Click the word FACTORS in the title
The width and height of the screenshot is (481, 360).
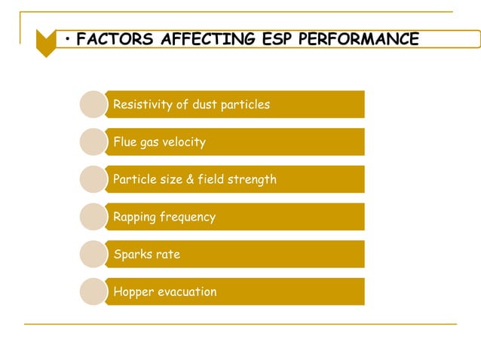[115, 39]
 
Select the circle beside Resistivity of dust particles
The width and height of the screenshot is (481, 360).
[93, 105]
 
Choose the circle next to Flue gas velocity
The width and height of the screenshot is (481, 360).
[93, 142]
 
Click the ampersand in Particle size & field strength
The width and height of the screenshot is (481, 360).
[190, 179]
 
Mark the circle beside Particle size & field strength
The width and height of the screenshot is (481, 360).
[93, 179]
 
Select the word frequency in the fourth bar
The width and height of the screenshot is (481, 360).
[188, 217]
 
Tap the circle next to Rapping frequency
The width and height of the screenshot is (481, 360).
[93, 217]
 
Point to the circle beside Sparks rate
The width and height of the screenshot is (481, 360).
[93, 255]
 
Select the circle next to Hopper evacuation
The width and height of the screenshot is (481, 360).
[93, 292]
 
